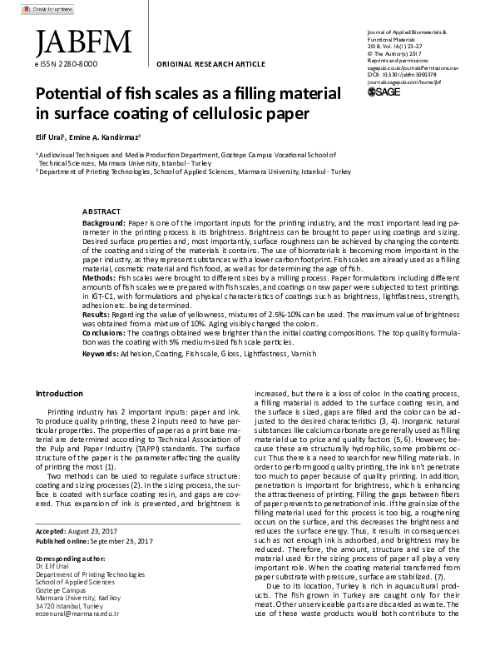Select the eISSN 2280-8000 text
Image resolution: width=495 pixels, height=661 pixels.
[66, 63]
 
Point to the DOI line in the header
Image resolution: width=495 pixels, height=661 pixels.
[406, 73]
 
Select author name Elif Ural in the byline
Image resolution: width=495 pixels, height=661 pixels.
[52, 135]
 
